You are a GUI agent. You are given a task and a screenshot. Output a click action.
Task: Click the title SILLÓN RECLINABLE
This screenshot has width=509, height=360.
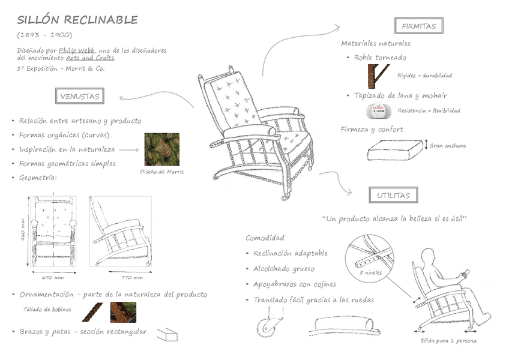[x=77, y=20]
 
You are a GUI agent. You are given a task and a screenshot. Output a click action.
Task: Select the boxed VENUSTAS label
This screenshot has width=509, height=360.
[x=79, y=95]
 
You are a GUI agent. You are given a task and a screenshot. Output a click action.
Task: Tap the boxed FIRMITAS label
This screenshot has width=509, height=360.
[x=419, y=26]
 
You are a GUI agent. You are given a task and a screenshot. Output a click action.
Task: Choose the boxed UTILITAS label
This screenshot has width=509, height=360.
[x=393, y=195]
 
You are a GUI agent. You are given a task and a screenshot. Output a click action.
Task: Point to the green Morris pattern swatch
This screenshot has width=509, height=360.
[x=161, y=149]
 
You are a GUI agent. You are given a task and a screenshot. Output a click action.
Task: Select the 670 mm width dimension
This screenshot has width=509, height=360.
[x=53, y=278]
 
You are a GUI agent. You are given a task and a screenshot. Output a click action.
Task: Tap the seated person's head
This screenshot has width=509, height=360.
[x=428, y=258]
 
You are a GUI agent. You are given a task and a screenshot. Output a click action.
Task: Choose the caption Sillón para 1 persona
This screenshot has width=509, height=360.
[x=448, y=341]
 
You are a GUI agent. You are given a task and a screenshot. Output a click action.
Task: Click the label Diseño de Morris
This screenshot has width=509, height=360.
[x=161, y=172]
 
